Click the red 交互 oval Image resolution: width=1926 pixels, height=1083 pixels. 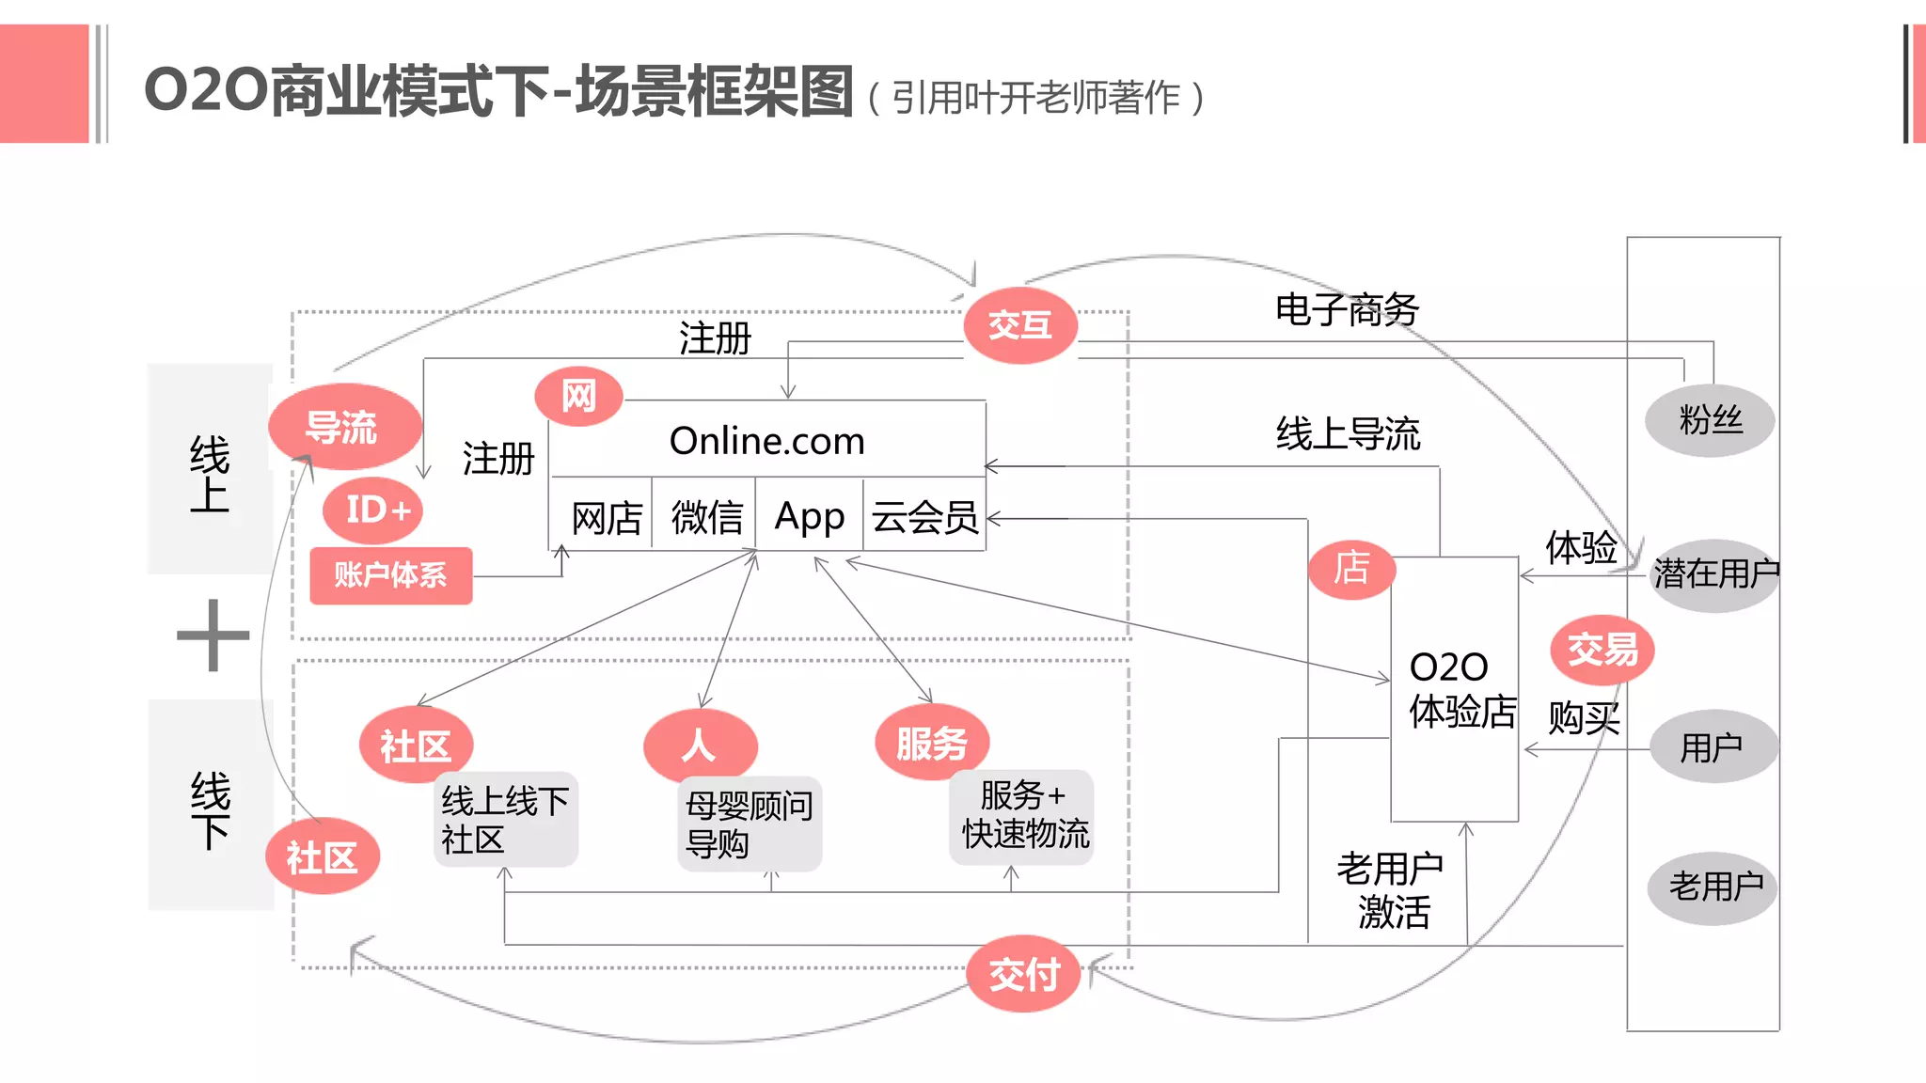(x=1020, y=325)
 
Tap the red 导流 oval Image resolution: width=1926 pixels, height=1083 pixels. (x=343, y=427)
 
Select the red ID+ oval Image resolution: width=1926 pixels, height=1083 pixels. (x=373, y=510)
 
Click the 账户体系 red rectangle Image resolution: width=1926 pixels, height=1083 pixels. (x=390, y=574)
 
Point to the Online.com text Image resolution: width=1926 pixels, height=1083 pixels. (x=766, y=441)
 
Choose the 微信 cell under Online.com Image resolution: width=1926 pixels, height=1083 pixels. (x=706, y=517)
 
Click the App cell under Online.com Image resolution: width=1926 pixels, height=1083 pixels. (x=809, y=516)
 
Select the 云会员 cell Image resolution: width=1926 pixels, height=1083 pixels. (x=924, y=517)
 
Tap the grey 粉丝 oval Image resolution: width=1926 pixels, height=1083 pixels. (x=1710, y=420)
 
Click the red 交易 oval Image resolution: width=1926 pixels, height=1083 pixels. (x=1602, y=650)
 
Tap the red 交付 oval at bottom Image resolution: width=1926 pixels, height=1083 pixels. (x=1023, y=974)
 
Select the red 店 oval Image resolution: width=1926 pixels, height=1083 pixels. (x=1351, y=569)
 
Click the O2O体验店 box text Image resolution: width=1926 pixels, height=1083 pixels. (x=1460, y=689)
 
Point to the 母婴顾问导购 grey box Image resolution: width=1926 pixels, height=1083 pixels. (x=749, y=824)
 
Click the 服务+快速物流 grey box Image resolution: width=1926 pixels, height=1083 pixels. (x=1023, y=815)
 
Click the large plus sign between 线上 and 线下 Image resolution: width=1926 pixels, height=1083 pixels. (x=213, y=636)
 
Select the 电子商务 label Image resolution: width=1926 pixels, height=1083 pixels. (x=1346, y=309)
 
